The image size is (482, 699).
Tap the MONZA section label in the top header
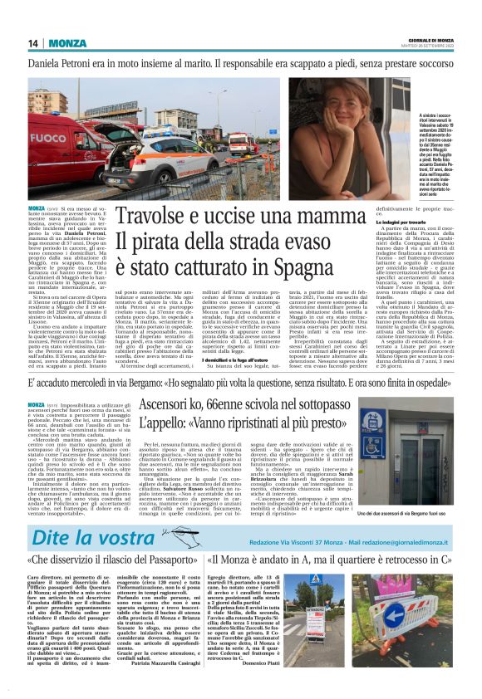[x=66, y=43]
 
